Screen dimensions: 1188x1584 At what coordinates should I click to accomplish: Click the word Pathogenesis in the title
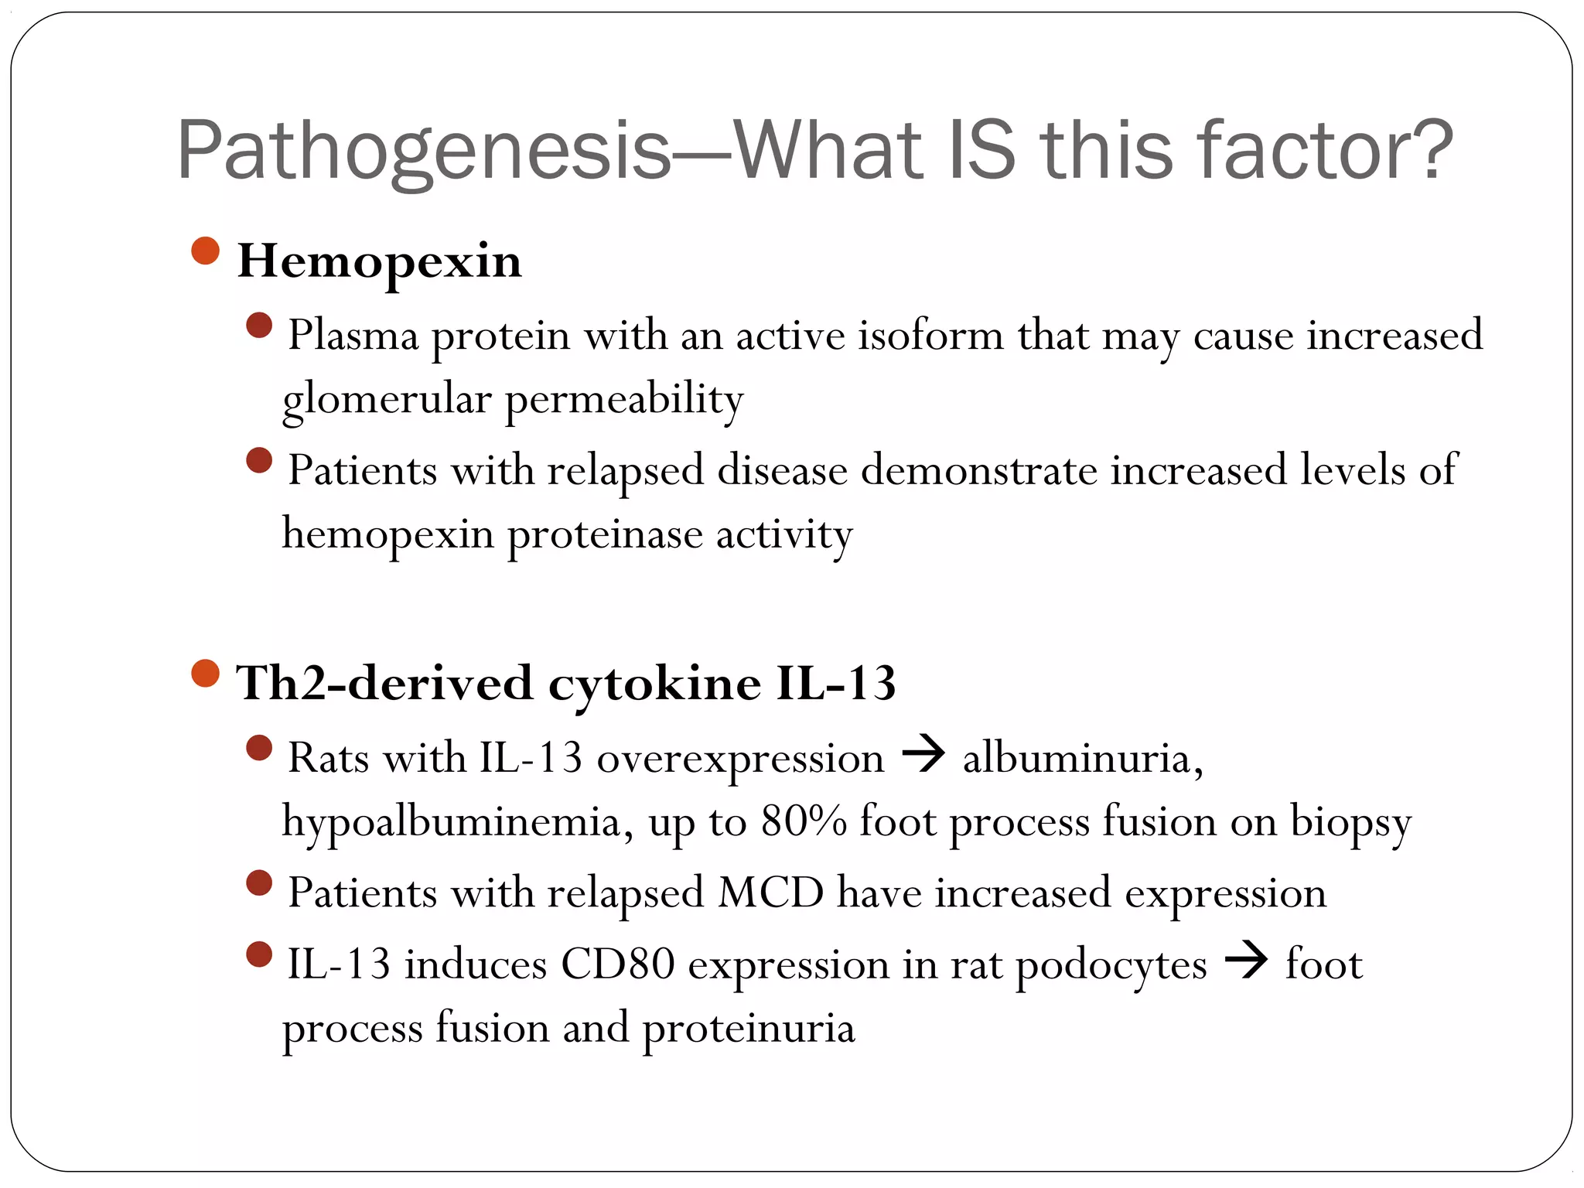pos(424,151)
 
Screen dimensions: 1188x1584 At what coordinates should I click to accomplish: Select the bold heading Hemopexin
pos(379,261)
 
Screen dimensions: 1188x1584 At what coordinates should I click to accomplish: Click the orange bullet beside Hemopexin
pos(205,251)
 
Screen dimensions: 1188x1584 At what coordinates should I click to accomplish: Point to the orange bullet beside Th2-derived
pos(205,674)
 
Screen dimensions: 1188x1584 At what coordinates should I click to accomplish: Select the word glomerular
pos(387,400)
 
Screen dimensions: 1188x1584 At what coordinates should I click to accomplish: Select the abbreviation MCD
pos(770,893)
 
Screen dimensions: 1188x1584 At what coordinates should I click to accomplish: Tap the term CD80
pos(617,964)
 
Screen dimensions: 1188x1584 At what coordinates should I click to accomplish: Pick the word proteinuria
pos(748,1029)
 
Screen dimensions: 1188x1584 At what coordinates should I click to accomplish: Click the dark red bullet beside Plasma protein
pos(259,326)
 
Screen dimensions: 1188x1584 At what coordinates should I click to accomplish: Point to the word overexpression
pos(740,758)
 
